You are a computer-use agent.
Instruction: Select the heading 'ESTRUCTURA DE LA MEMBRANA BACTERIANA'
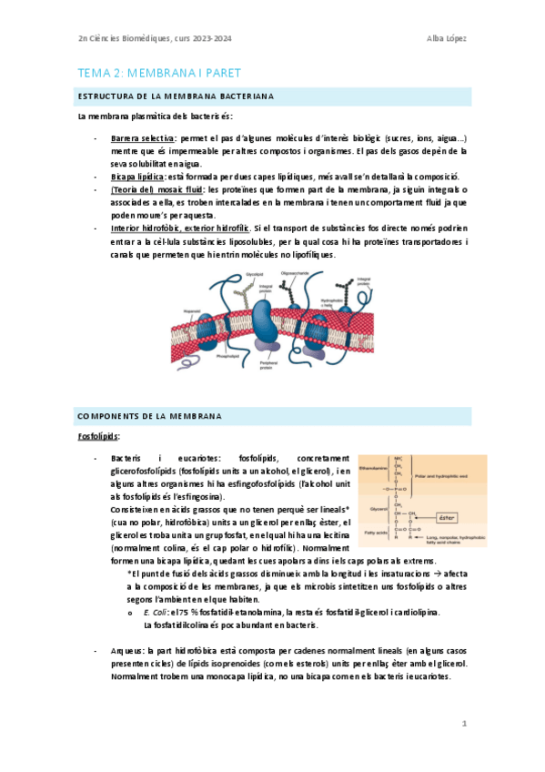(x=177, y=96)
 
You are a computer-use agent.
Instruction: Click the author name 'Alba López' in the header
(x=446, y=37)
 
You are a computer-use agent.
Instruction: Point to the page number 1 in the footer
(x=464, y=724)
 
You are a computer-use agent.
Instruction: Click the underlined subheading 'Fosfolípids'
(x=98, y=437)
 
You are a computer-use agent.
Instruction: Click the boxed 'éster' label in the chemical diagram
(x=447, y=518)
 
